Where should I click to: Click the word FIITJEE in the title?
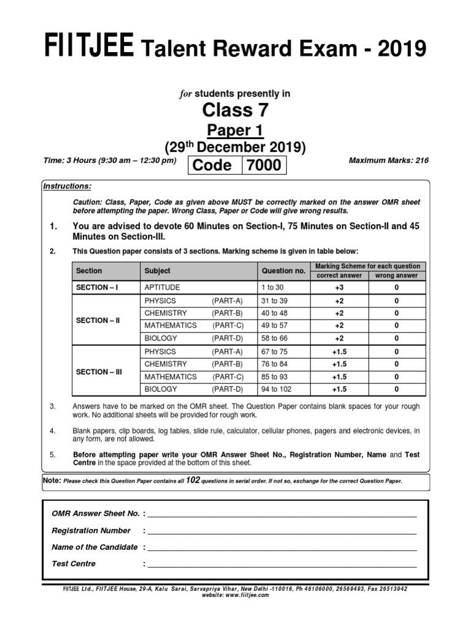[88, 48]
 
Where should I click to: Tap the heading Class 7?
[235, 111]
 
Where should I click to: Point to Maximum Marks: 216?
[389, 160]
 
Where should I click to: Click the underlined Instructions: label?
[67, 186]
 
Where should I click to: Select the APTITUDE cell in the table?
[162, 287]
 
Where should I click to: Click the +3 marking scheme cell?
[339, 287]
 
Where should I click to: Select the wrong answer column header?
[396, 276]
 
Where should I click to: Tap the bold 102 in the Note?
[193, 481]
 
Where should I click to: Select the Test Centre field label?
[74, 563]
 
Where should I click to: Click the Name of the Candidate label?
[94, 547]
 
